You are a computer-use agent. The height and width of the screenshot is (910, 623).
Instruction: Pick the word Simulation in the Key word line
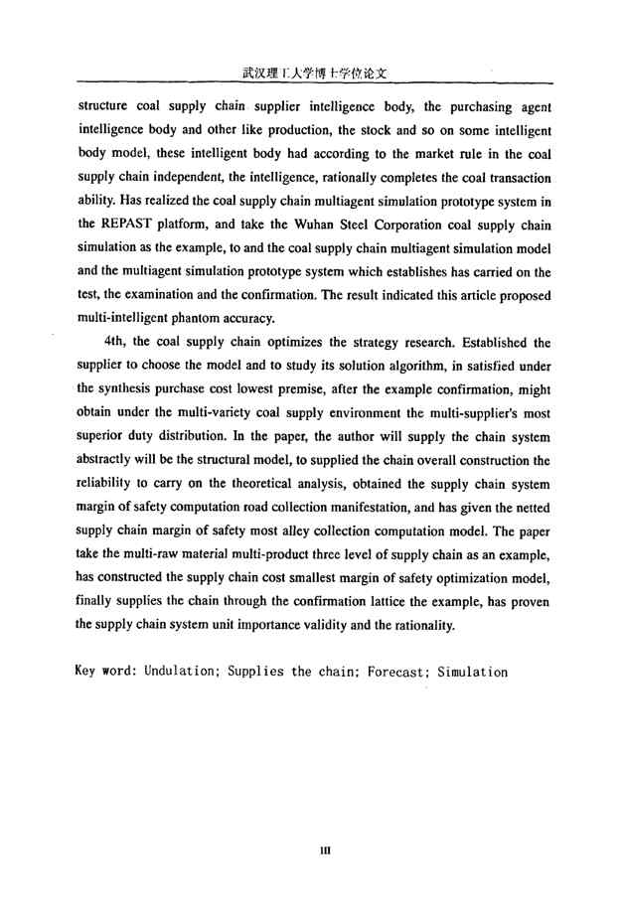point(472,672)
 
